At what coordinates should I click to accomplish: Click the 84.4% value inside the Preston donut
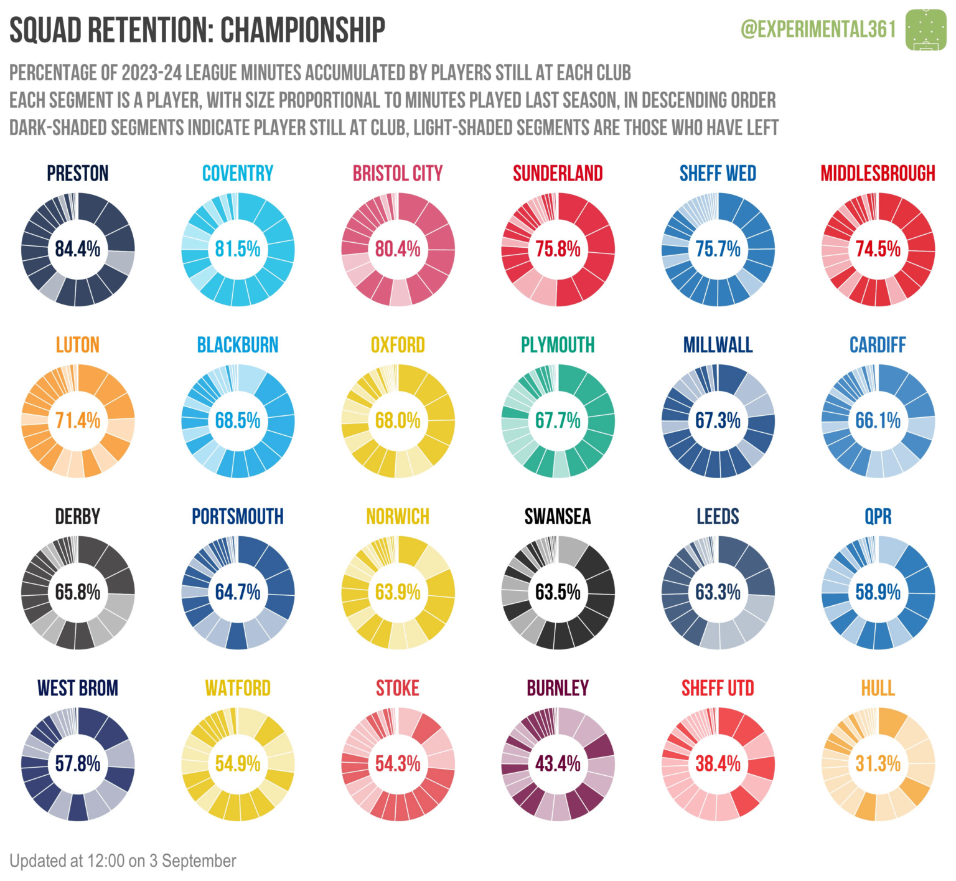pyautogui.click(x=78, y=249)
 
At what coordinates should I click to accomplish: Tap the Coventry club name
pyautogui.click(x=238, y=173)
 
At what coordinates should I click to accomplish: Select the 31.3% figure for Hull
pyautogui.click(x=878, y=763)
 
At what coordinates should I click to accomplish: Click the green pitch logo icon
pyautogui.click(x=926, y=29)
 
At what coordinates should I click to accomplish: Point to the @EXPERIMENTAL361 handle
pyautogui.click(x=818, y=29)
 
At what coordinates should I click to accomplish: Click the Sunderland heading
pyautogui.click(x=558, y=173)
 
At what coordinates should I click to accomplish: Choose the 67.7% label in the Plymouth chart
pyautogui.click(x=558, y=421)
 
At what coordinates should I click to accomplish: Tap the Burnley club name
pyautogui.click(x=558, y=688)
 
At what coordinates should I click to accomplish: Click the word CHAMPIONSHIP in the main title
pyautogui.click(x=302, y=30)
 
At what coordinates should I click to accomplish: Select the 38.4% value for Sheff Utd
pyautogui.click(x=718, y=763)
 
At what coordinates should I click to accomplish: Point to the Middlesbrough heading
pyautogui.click(x=878, y=173)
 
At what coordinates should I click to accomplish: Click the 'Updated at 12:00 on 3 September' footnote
pyautogui.click(x=123, y=861)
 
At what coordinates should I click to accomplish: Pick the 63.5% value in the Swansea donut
pyautogui.click(x=558, y=592)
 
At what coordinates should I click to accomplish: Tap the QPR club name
pyautogui.click(x=878, y=517)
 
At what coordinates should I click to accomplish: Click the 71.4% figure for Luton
pyautogui.click(x=78, y=421)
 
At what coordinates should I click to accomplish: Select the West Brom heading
pyautogui.click(x=78, y=688)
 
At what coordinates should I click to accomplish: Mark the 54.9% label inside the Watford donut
pyautogui.click(x=238, y=763)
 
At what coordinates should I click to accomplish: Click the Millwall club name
pyautogui.click(x=718, y=345)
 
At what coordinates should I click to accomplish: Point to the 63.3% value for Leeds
pyautogui.click(x=718, y=592)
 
